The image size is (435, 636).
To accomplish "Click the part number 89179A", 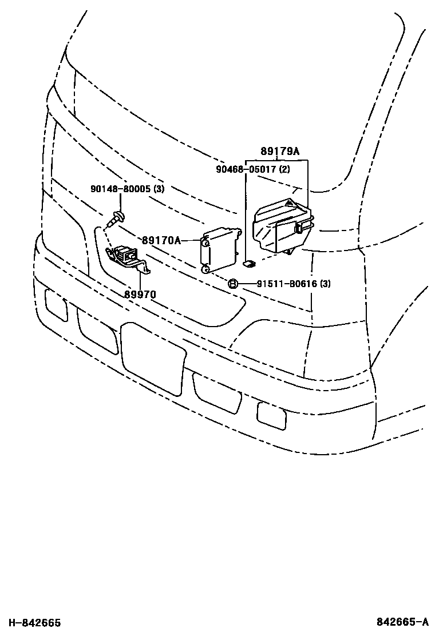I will (280, 152).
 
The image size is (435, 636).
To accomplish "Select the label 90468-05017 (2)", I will (253, 169).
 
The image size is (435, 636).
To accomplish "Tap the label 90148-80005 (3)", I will (127, 189).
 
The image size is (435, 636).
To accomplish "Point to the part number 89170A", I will (161, 241).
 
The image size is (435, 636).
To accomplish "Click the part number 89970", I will (140, 295).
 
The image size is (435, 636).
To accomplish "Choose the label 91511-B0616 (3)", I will (285, 284).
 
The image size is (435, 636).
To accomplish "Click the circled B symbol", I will (233, 284).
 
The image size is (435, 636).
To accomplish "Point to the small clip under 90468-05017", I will (249, 263).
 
